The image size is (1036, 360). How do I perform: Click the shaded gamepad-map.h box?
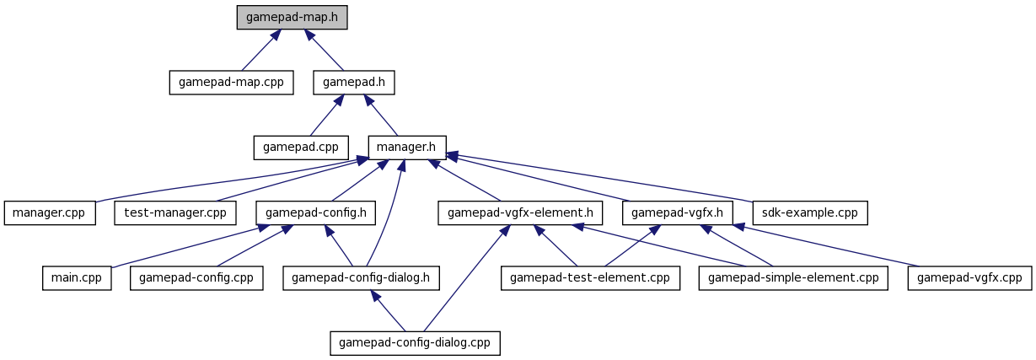click(292, 18)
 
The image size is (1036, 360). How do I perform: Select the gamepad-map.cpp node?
click(231, 83)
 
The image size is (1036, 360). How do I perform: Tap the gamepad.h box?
click(354, 83)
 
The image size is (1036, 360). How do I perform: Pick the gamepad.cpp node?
click(301, 148)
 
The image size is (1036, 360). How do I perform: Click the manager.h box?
click(407, 148)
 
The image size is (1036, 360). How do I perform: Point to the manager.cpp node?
click(50, 212)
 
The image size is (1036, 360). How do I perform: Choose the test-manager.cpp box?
click(175, 212)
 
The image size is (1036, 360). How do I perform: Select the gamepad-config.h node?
click(316, 212)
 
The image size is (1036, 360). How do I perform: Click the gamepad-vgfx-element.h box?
click(520, 212)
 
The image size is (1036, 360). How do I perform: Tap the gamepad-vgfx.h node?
click(678, 212)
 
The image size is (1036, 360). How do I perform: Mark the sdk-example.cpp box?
click(810, 212)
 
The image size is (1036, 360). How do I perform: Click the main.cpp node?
click(77, 278)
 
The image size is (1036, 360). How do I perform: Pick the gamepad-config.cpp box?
click(196, 278)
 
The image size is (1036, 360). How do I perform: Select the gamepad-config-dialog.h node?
click(362, 278)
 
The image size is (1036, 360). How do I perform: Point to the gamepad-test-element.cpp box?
click(590, 278)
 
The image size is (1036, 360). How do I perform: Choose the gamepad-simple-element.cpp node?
click(793, 278)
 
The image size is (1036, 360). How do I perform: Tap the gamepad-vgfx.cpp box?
click(969, 278)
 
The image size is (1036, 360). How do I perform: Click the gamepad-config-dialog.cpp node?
click(415, 343)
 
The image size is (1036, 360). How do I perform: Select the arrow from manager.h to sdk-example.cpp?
click(600, 178)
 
